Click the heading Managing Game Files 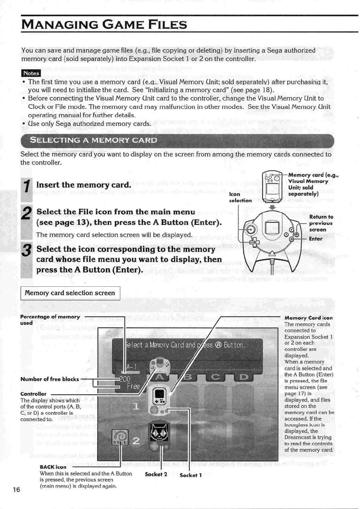coord(104,26)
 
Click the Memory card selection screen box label coord(70,293)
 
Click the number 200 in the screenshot coord(126,379)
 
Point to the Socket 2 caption coord(156,474)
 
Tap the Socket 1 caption coord(190,475)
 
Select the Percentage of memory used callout coord(50,320)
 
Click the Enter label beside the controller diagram coord(316,238)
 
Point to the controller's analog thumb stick coord(252,229)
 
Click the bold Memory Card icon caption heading coord(309,318)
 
